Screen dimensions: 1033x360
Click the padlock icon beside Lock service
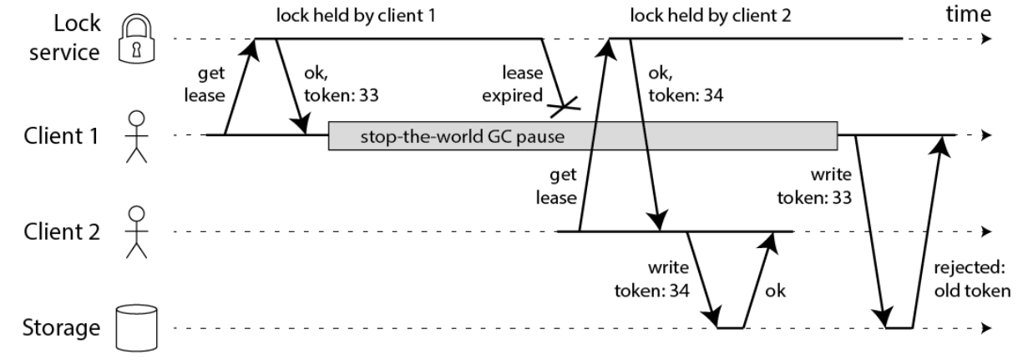(136, 38)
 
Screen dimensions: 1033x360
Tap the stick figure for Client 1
(136, 137)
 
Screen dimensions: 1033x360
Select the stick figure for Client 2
(136, 232)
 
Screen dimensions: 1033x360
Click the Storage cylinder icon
(136, 328)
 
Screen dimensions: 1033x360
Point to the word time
(968, 14)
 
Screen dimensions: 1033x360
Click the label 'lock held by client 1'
(356, 16)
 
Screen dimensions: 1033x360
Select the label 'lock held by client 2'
(710, 16)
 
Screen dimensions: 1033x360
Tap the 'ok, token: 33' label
(342, 84)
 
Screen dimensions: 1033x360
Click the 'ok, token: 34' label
(686, 84)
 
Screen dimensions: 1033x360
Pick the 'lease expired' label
(513, 84)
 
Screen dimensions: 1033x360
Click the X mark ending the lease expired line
(565, 107)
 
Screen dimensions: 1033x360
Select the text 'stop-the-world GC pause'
(462, 137)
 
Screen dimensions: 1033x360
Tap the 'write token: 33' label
(814, 186)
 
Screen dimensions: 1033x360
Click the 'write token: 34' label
(652, 279)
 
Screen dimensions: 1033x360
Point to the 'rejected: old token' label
(972, 279)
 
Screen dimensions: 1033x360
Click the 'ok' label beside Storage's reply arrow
(775, 291)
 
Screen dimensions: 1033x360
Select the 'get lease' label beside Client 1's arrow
(205, 84)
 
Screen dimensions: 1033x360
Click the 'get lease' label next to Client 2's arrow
(556, 186)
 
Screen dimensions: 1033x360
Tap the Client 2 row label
(62, 231)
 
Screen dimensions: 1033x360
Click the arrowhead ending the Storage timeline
(986, 328)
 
